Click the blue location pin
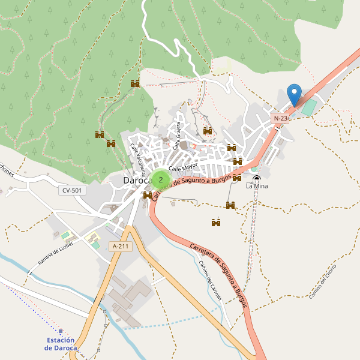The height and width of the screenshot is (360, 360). [x=294, y=95]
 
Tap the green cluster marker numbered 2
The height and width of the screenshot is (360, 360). [x=160, y=179]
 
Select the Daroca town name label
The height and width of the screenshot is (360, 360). [x=136, y=180]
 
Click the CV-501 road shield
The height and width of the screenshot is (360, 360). [x=73, y=190]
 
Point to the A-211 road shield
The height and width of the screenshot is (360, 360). [x=121, y=246]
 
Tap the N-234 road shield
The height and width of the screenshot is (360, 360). [x=281, y=119]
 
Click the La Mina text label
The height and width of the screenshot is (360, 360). [x=257, y=187]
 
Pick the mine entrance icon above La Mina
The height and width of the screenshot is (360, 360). [x=257, y=178]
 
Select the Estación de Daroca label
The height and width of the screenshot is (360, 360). [x=61, y=344]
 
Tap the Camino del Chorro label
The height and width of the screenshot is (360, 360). [x=323, y=284]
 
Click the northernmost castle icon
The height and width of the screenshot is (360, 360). [x=135, y=83]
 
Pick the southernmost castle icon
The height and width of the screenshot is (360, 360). [x=216, y=223]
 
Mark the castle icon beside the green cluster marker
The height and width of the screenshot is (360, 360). [x=148, y=195]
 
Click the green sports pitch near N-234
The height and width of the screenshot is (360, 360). [x=308, y=108]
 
